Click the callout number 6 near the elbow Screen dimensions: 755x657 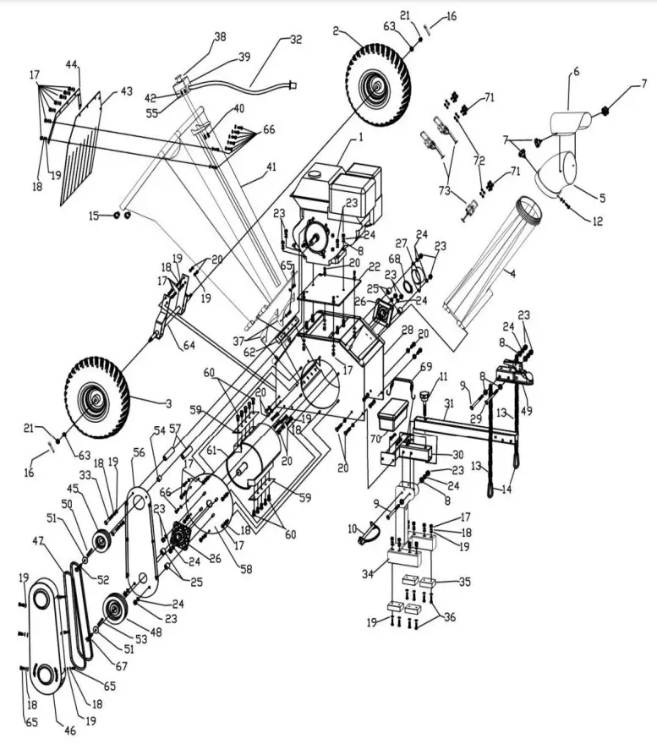[575, 73]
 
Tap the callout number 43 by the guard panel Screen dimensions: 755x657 [126, 90]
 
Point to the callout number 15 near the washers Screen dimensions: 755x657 [94, 216]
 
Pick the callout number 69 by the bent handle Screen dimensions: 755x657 [425, 368]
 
